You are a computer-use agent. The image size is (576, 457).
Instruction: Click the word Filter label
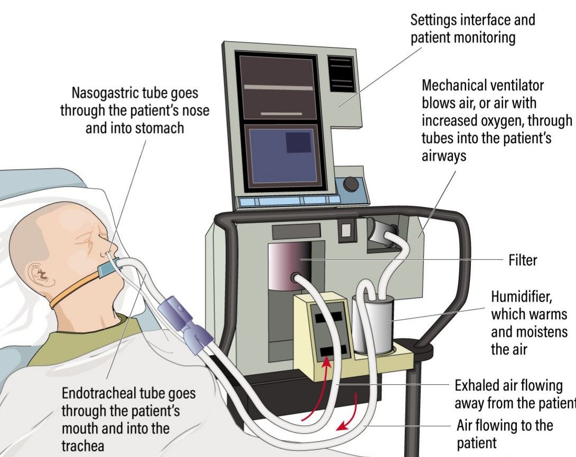pos(523,260)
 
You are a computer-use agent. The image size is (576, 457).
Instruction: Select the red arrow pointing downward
pos(354,415)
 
